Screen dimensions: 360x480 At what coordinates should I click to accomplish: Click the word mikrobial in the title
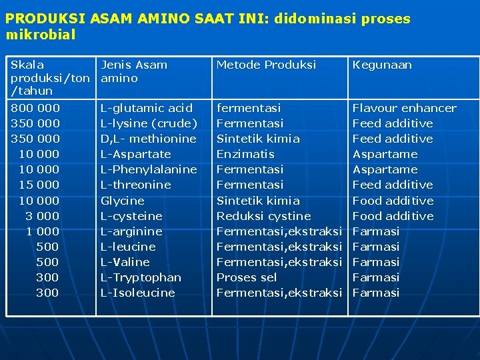point(40,34)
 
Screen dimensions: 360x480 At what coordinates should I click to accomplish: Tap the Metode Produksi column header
point(266,65)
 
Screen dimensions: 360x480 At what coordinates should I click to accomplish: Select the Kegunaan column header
point(381,65)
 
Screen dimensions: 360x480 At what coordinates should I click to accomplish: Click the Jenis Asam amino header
point(133,71)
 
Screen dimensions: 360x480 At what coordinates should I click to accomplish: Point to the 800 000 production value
point(35,108)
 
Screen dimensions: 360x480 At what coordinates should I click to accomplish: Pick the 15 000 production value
point(39,185)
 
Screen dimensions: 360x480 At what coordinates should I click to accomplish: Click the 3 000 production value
point(42,216)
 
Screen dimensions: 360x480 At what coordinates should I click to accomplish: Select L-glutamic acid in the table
point(146,108)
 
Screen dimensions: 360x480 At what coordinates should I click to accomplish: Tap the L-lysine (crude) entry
point(149,123)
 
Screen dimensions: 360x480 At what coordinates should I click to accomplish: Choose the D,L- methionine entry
point(148,139)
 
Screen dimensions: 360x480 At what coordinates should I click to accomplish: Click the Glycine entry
point(122,201)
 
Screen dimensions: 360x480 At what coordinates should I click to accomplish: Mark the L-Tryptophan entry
point(141,277)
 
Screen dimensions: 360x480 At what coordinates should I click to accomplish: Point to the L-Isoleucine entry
point(137,293)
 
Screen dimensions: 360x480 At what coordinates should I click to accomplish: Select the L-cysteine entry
point(131,216)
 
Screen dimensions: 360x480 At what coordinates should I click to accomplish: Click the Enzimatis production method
point(245,154)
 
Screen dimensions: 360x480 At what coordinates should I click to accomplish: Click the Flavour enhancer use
point(404,108)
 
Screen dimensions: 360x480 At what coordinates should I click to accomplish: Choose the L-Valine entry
point(125,262)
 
